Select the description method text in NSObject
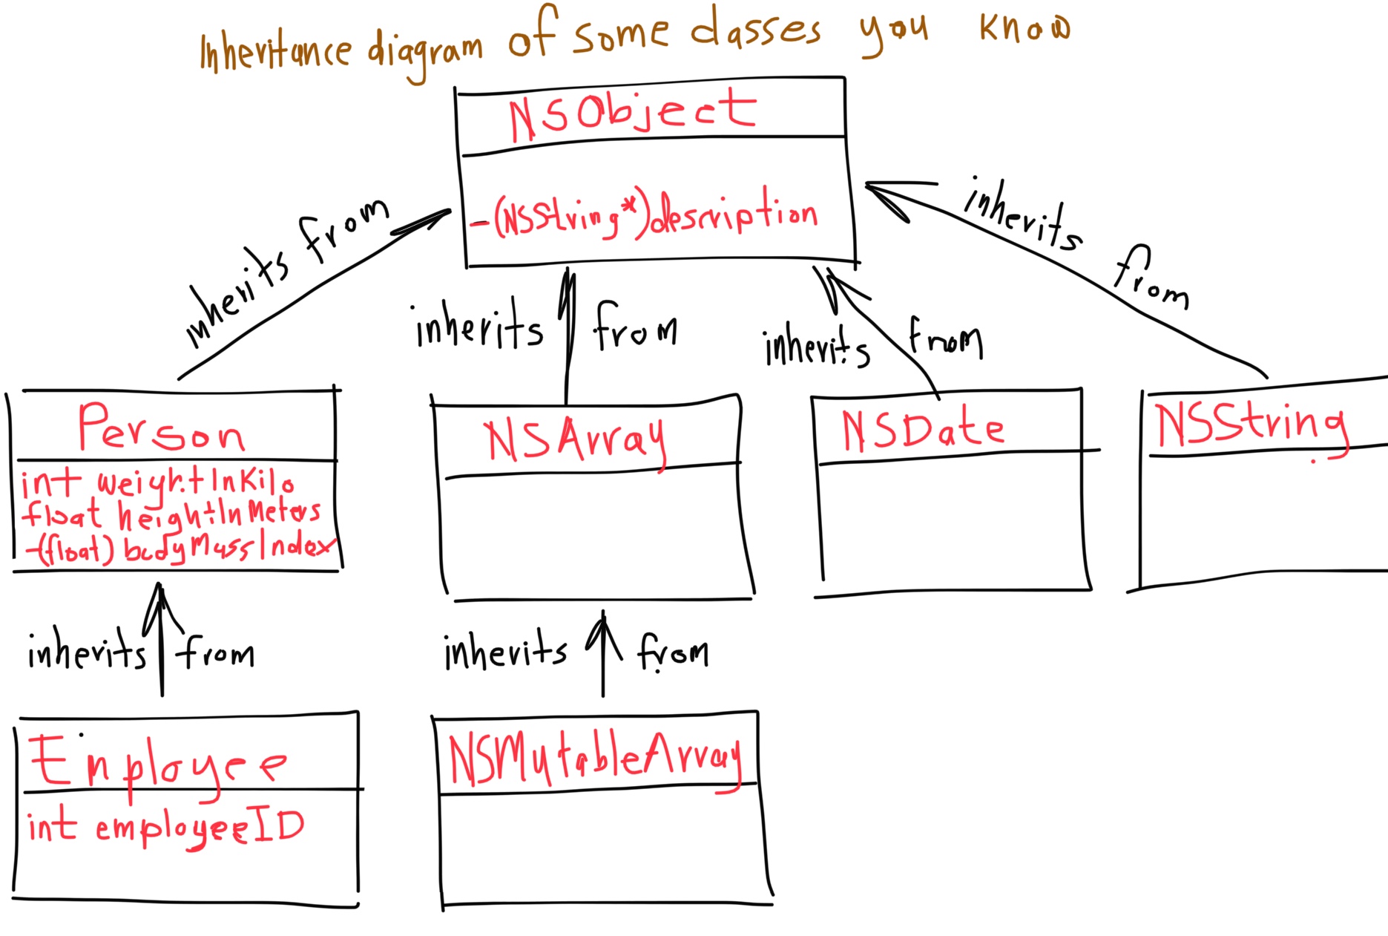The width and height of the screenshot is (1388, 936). click(x=644, y=216)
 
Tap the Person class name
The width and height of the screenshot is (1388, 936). click(x=161, y=428)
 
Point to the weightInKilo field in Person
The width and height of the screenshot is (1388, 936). click(x=157, y=482)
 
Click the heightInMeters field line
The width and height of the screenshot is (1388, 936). click(x=171, y=514)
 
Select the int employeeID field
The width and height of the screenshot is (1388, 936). click(x=165, y=827)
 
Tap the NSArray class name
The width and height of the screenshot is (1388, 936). click(x=575, y=439)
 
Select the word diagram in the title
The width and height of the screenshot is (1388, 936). click(x=425, y=51)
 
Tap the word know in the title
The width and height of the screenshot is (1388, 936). click(x=1024, y=27)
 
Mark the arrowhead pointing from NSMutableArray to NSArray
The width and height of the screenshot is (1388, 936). click(x=602, y=620)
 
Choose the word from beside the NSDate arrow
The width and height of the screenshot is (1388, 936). click(x=946, y=339)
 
